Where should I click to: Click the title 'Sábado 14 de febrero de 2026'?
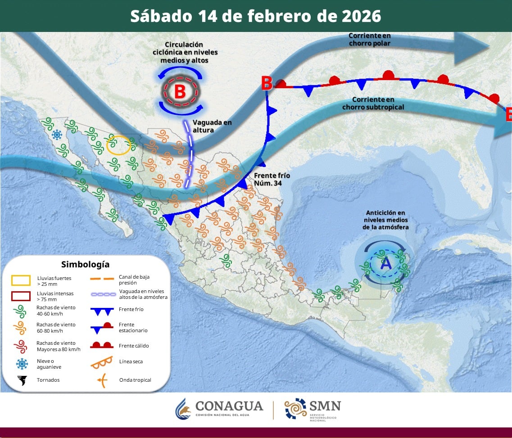pos(255,16)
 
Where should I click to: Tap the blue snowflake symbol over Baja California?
pos(57,134)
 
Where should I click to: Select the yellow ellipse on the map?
pos(119,145)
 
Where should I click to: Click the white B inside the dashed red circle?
pos(180,91)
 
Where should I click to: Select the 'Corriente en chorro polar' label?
pos(369,40)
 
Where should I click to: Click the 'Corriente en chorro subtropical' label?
pos(373,103)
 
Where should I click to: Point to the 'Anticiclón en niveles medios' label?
pos(385,220)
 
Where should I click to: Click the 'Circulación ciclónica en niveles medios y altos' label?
pos(184,52)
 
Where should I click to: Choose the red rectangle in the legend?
pos(21,296)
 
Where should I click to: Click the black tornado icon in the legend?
pos(21,380)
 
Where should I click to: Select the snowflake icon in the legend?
pos(21,364)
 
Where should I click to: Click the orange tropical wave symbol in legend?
pos(102,380)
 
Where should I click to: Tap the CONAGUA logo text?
pos(229,406)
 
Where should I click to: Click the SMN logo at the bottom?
pos(313,408)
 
